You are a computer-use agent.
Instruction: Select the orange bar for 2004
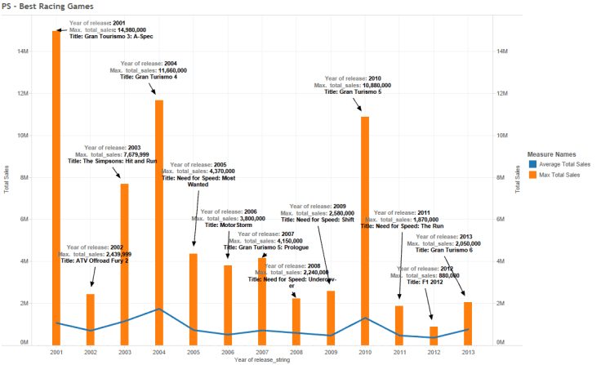[x=159, y=220]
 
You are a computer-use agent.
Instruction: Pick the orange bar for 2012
[x=434, y=334]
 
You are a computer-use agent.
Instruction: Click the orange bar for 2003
[x=125, y=261]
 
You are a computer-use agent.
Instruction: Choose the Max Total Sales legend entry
[x=559, y=174]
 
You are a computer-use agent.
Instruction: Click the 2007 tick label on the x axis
[x=262, y=352]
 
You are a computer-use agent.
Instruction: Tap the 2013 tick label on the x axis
[x=468, y=352]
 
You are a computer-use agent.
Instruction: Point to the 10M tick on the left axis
[x=24, y=135]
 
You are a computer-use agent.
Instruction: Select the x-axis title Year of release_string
[x=262, y=360]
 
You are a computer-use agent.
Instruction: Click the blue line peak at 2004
[x=159, y=309]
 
